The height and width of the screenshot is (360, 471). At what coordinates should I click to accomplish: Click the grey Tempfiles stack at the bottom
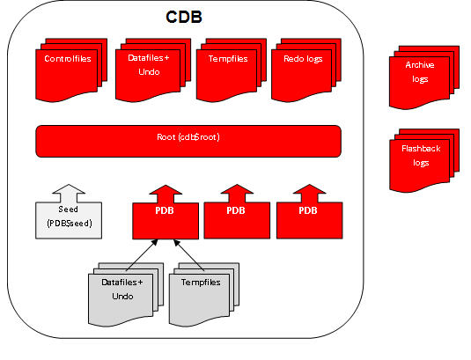coord(202,294)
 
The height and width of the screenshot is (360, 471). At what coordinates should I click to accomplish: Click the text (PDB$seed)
coord(70,224)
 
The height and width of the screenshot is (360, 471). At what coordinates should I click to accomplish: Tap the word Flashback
coord(420,150)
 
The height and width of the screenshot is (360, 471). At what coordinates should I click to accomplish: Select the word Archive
coord(420,66)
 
